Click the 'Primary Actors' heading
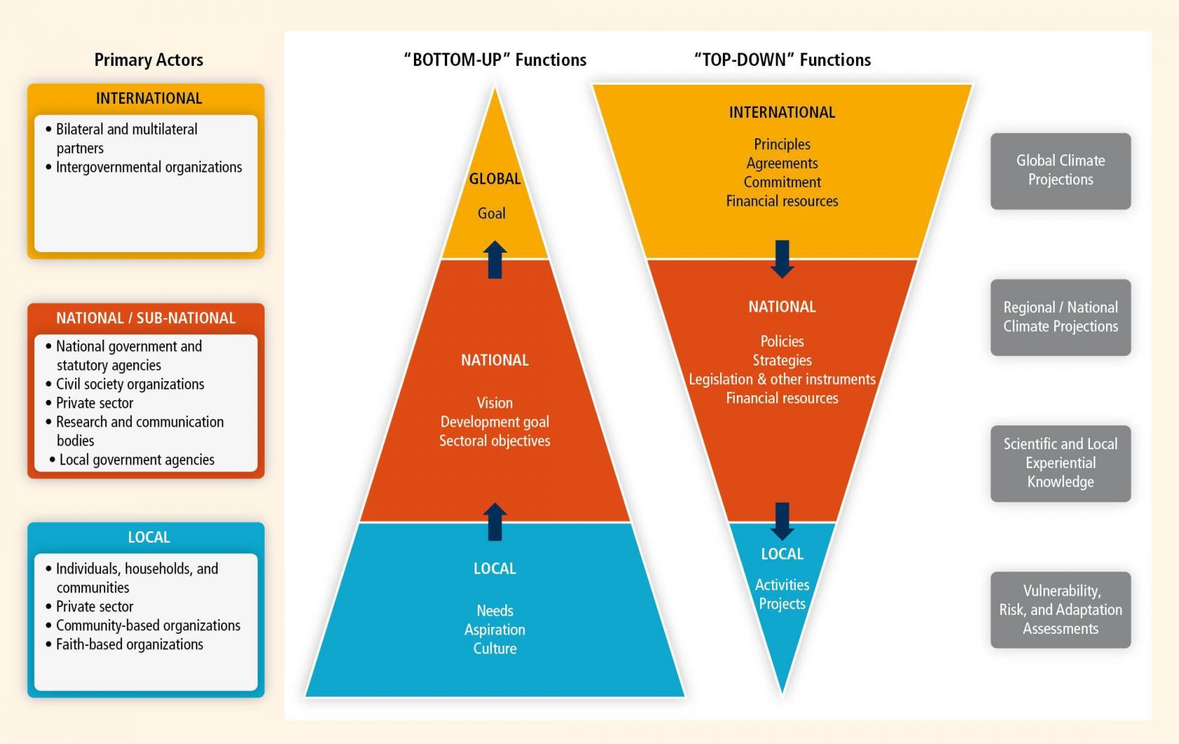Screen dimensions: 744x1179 tap(149, 60)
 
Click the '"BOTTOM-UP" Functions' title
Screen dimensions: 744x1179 tap(495, 60)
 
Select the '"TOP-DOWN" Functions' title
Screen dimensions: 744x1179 tap(782, 60)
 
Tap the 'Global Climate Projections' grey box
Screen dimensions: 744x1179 tap(1060, 171)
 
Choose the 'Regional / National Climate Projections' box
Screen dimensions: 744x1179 tap(1060, 317)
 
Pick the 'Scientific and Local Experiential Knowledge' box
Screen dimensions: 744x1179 tap(1060, 463)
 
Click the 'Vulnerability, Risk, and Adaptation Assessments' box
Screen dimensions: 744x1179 tap(1060, 609)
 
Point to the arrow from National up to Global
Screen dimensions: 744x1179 tap(495, 260)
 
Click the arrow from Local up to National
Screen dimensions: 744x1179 tap(495, 522)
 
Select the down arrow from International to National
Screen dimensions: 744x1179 tap(782, 259)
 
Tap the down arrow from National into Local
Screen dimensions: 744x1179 tap(782, 521)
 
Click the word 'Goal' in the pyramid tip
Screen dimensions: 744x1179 tap(491, 213)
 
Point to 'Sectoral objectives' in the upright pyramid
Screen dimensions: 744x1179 tap(495, 441)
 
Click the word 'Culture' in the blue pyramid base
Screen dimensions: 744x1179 tap(495, 649)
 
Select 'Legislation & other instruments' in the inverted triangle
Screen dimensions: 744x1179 tap(782, 380)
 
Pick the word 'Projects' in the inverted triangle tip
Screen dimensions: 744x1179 tap(782, 604)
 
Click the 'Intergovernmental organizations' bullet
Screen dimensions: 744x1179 tap(149, 167)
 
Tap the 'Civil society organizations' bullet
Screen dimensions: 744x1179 tap(130, 384)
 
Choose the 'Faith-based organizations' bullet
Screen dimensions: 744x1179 tap(129, 644)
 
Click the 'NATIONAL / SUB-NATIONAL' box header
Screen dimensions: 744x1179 tap(146, 319)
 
